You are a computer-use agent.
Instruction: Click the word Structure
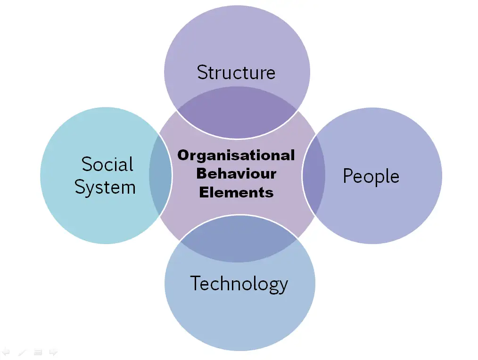coord(236,72)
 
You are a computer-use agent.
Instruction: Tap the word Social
coord(107,164)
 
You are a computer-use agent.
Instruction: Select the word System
coord(105,188)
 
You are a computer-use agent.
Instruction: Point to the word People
coord(371,176)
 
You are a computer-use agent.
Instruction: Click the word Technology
coord(239,284)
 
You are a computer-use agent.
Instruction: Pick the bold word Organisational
coord(236,155)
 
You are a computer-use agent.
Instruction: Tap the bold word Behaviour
coord(236,174)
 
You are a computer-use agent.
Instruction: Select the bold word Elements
coord(236,193)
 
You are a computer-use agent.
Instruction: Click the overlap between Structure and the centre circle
coord(237,112)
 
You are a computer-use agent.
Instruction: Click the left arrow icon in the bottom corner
coord(6,352)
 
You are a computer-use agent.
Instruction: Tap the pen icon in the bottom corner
coord(22,352)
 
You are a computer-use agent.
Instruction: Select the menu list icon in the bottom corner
coord(38,352)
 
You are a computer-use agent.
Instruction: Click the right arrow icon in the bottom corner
coord(53,352)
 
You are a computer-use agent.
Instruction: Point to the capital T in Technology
coord(196,283)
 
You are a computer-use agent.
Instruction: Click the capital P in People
coord(348,175)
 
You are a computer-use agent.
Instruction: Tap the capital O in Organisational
coord(183,155)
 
